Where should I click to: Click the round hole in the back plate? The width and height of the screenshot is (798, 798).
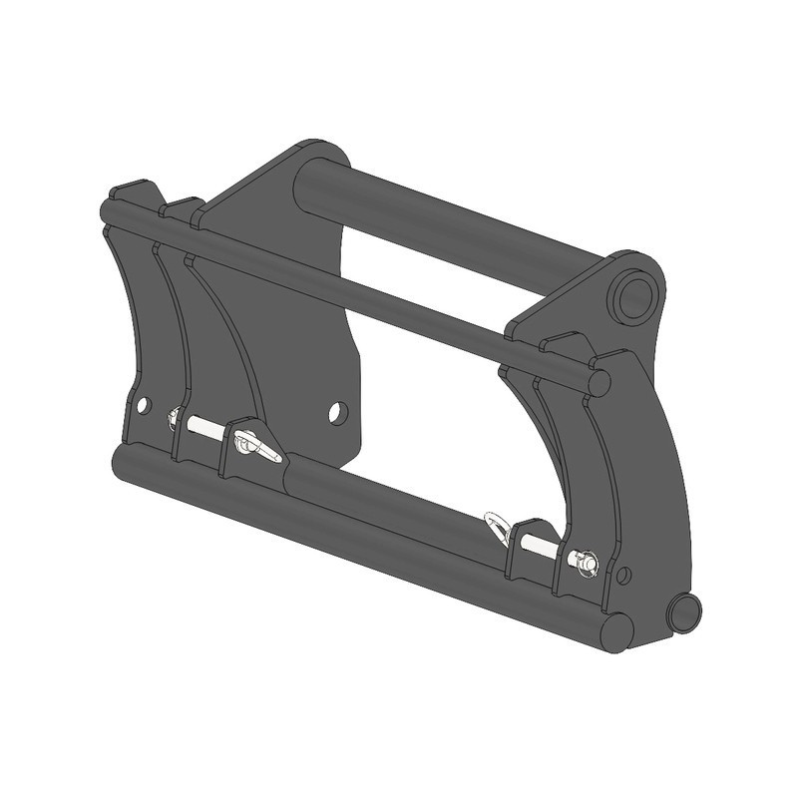(338, 411)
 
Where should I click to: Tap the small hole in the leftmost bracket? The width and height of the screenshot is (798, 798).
(144, 405)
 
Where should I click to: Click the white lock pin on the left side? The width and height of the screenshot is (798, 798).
(204, 426)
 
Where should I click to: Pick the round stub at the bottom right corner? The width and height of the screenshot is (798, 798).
(684, 611)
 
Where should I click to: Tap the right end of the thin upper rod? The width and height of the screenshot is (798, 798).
(598, 382)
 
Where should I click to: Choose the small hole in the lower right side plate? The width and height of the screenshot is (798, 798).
(624, 576)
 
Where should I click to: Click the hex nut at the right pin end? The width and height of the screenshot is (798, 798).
(586, 564)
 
